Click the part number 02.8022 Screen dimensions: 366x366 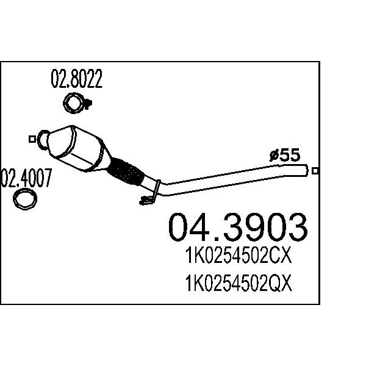[x=77, y=79]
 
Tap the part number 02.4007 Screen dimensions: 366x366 [x=26, y=178]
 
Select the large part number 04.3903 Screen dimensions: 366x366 [x=238, y=227]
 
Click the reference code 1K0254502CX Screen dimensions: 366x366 [x=239, y=256]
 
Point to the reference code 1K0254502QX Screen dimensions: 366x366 [x=239, y=283]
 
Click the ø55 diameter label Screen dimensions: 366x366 [x=285, y=155]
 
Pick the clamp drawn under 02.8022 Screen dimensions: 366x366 [x=77, y=103]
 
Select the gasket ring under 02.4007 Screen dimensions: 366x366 [x=25, y=199]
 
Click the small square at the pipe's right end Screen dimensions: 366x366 [x=315, y=171]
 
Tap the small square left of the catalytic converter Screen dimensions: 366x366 [x=32, y=139]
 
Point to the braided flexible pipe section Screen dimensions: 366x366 [x=125, y=171]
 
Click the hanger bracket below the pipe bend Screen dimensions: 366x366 [x=151, y=194]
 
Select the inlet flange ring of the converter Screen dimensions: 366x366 [x=43, y=140]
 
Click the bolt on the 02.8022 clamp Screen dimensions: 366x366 [x=88, y=104]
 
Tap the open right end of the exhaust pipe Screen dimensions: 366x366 [x=306, y=170]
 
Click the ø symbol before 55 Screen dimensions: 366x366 [x=274, y=156]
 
